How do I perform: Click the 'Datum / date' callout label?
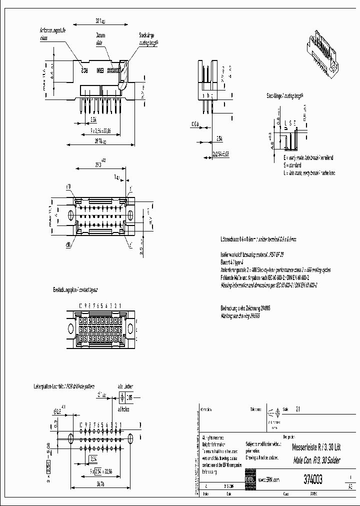click(101, 38)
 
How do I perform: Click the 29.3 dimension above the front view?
click(98, 164)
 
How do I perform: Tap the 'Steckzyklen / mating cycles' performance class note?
click(275, 269)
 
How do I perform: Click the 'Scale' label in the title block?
click(285, 408)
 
